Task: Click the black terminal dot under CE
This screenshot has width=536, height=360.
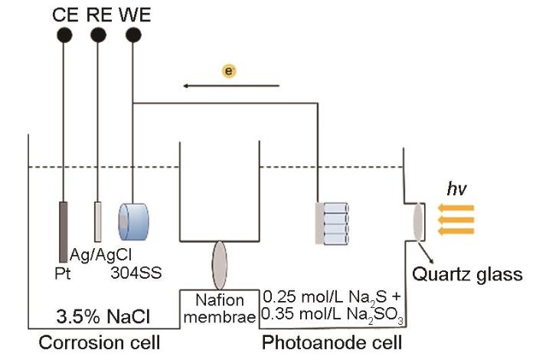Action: (64, 35)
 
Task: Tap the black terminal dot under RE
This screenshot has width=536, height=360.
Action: (98, 35)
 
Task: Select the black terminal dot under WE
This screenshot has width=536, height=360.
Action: (133, 35)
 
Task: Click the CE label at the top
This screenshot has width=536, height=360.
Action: (65, 15)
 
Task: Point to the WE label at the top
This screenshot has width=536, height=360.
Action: (135, 15)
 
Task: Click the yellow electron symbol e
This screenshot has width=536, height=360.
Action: (229, 71)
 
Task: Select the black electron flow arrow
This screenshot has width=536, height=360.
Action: (231, 86)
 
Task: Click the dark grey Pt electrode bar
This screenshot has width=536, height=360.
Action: (64, 232)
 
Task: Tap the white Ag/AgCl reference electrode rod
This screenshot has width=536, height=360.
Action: (98, 221)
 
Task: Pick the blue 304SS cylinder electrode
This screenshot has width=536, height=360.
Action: (134, 222)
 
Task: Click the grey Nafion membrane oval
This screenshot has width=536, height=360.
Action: (220, 265)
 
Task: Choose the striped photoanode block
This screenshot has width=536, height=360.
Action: (332, 224)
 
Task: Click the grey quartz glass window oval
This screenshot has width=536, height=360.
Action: (418, 222)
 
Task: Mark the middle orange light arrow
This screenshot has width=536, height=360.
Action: (456, 220)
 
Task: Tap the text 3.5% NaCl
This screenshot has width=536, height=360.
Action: (103, 316)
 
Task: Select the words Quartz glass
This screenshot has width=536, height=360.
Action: (467, 274)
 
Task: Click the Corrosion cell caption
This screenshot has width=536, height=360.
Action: (99, 342)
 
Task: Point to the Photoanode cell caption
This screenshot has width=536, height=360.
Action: (332, 342)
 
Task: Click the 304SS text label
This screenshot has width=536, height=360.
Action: (136, 273)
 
